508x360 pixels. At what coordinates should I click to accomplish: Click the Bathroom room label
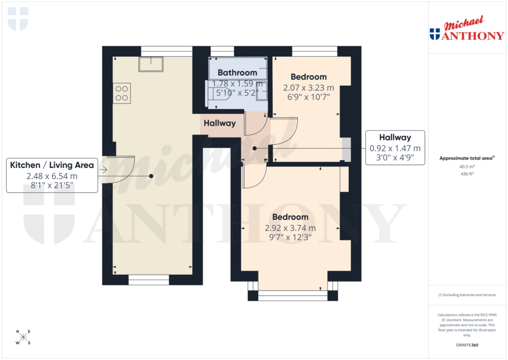coord(238,73)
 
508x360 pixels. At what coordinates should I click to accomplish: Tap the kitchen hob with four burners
coord(122,93)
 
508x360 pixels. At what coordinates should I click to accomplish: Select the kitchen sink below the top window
coord(152,64)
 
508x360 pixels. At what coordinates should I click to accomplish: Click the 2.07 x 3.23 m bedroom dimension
coord(309,87)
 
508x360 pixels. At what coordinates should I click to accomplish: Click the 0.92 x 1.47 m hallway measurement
coord(395,148)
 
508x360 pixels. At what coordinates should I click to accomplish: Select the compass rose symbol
coord(23,337)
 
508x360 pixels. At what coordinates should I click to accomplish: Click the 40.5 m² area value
coord(466,167)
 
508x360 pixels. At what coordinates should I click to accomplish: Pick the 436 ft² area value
coord(466,174)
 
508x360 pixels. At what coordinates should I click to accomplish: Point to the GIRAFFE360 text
coord(466,345)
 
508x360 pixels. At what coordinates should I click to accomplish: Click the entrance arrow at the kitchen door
coord(104,170)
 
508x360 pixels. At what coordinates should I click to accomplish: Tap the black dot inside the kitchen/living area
coord(151,176)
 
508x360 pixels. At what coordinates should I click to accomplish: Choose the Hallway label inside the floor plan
coord(219,123)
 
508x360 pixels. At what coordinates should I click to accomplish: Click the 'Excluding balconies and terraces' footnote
coord(467,295)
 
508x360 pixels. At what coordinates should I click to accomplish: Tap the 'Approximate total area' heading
coord(466,158)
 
